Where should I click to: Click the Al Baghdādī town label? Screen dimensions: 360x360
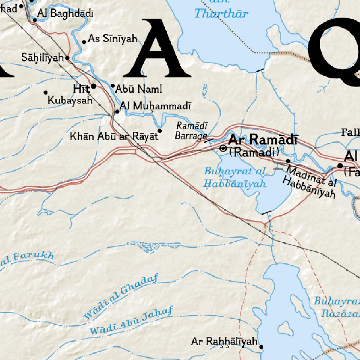pos(66,14)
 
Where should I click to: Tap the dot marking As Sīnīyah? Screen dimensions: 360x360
pos(84,42)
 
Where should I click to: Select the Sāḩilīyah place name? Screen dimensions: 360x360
pos(42,57)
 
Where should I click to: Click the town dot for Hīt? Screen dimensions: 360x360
pos(94,86)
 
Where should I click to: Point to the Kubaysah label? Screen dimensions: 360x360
pos(70,100)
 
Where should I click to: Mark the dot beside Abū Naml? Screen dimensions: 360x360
pos(113,85)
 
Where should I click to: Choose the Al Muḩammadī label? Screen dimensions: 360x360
pos(155,106)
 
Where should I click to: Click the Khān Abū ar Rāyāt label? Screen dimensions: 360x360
pos(114,136)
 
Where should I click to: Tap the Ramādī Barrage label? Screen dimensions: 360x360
pos(191,131)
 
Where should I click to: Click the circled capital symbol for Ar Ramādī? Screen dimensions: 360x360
pos(223,148)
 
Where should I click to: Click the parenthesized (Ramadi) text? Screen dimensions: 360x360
pos(254,152)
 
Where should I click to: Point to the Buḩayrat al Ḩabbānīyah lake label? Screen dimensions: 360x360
pos(235,178)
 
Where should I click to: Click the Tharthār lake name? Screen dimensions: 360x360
pos(221,14)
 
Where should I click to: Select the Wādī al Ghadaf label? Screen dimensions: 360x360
pos(120,296)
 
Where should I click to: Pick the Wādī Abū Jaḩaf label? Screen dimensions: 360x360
pos(131,320)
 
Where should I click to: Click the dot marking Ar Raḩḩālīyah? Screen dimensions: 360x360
pos(262,347)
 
